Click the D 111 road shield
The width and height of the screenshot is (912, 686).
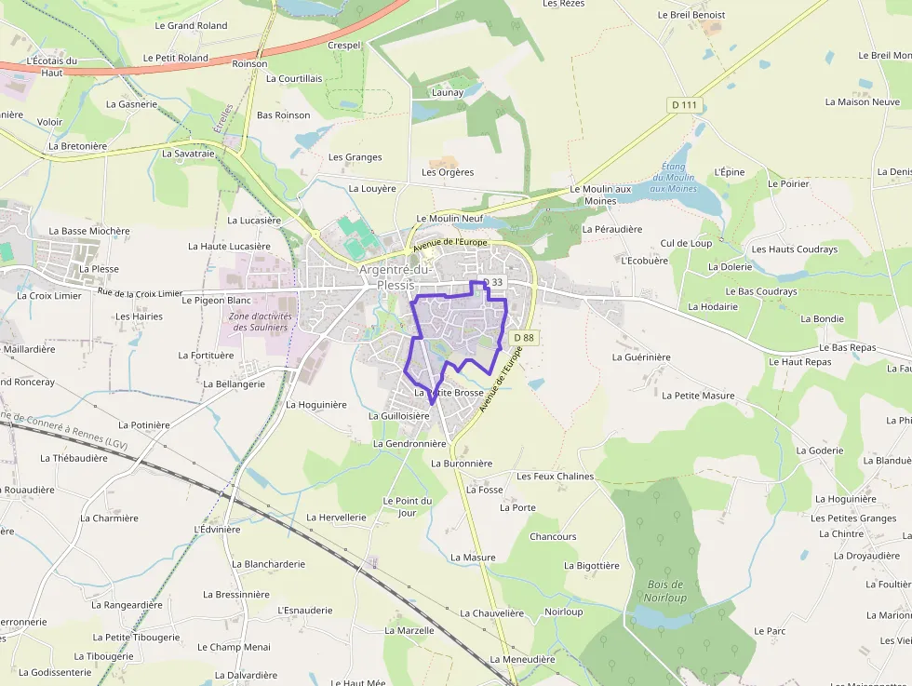[685, 105]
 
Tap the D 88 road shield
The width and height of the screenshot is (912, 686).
[524, 338]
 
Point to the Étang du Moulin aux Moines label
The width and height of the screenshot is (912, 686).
[673, 177]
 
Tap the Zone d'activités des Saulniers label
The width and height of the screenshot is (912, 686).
[261, 321]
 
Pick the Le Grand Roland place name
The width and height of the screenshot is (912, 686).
[192, 26]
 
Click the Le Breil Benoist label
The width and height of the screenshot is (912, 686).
[691, 15]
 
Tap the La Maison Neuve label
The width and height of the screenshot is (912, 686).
[862, 101]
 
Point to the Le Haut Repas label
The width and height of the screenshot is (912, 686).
[799, 361]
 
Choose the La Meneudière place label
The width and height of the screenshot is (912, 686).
[521, 659]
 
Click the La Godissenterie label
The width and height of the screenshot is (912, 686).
[55, 672]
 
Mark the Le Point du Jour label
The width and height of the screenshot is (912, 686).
[408, 506]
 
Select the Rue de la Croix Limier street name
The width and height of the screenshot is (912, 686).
[140, 293]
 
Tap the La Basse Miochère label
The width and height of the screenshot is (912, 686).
[89, 231]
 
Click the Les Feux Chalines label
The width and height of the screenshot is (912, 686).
[555, 477]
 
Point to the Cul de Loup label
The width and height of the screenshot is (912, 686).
[686, 243]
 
